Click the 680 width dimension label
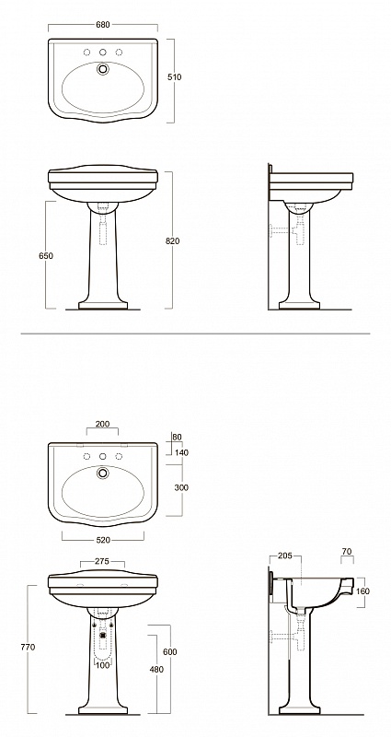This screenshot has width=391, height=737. tap(102, 25)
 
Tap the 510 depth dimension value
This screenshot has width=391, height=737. tap(175, 77)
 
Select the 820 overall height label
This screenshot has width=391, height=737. tap(172, 241)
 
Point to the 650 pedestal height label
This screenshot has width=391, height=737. tap(46, 256)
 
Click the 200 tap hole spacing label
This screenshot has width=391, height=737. tap(102, 424)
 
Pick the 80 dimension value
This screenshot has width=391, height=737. tap(177, 437)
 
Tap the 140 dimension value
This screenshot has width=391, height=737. tap(181, 452)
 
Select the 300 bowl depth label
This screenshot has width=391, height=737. tap(181, 487)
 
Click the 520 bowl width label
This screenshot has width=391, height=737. tap(103, 540)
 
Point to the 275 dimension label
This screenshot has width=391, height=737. tap(102, 561)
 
